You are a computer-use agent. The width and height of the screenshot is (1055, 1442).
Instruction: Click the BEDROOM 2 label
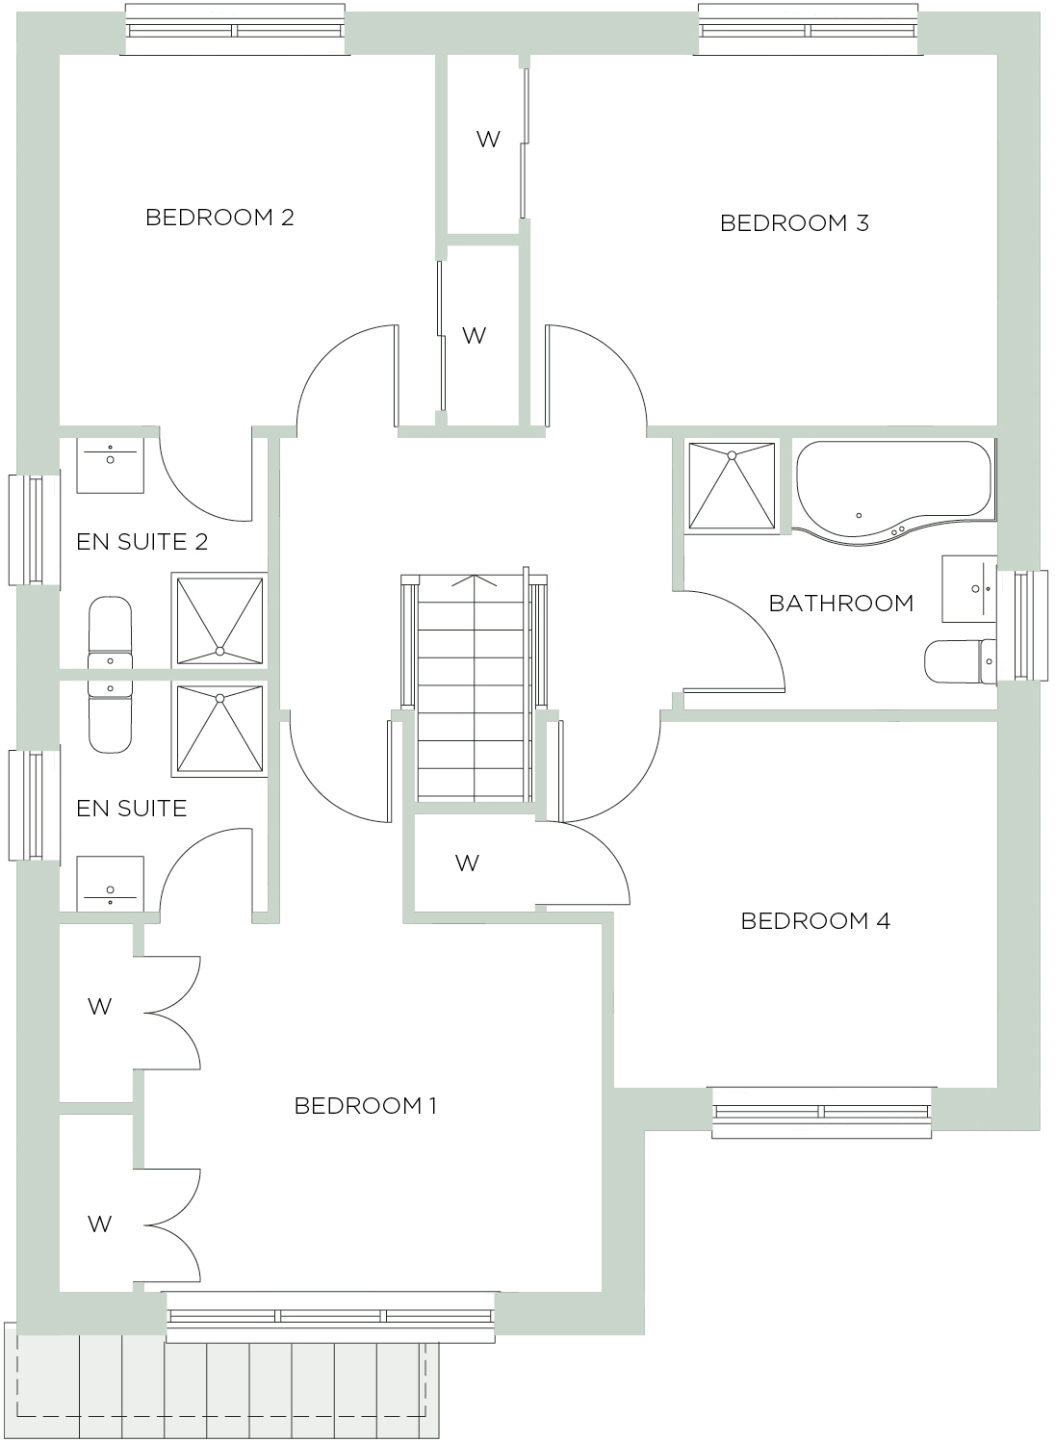219,218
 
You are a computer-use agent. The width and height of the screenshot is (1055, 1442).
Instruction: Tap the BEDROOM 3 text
794,223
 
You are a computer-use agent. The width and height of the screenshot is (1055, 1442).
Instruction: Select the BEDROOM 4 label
815,921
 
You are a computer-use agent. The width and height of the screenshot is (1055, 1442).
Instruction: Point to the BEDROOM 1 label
365,1106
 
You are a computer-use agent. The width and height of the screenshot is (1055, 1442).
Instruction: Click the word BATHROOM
840,604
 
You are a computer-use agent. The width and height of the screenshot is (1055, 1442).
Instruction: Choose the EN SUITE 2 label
142,542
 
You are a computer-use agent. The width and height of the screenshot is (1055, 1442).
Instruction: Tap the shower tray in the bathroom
732,485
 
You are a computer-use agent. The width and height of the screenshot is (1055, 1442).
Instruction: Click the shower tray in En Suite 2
219,620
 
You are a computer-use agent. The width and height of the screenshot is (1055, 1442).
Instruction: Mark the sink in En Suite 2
110,465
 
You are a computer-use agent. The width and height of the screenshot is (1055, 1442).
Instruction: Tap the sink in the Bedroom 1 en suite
110,885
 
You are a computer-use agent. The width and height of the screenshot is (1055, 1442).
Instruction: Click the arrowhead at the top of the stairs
473,579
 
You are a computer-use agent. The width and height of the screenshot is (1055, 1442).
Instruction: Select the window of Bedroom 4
822,1112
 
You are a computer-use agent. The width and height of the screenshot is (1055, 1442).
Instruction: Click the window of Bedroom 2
234,29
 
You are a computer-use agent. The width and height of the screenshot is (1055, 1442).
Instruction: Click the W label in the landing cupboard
467,863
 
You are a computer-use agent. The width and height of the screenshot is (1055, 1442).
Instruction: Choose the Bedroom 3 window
808,29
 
